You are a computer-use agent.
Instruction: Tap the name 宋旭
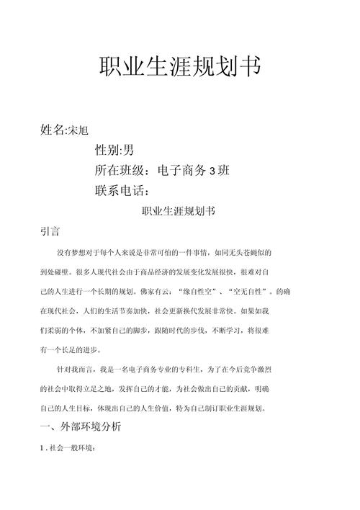tap(80, 131)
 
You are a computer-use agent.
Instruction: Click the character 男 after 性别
tap(128, 151)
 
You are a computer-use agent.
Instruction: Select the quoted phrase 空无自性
tap(249, 292)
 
